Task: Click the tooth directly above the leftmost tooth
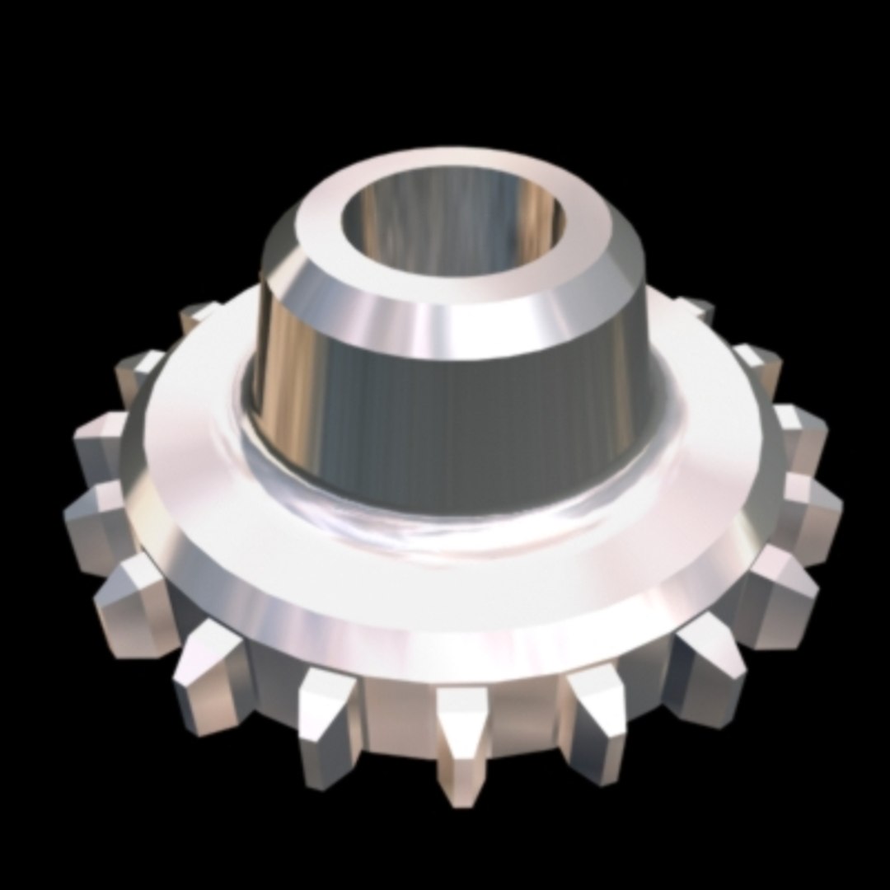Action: [99, 445]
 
